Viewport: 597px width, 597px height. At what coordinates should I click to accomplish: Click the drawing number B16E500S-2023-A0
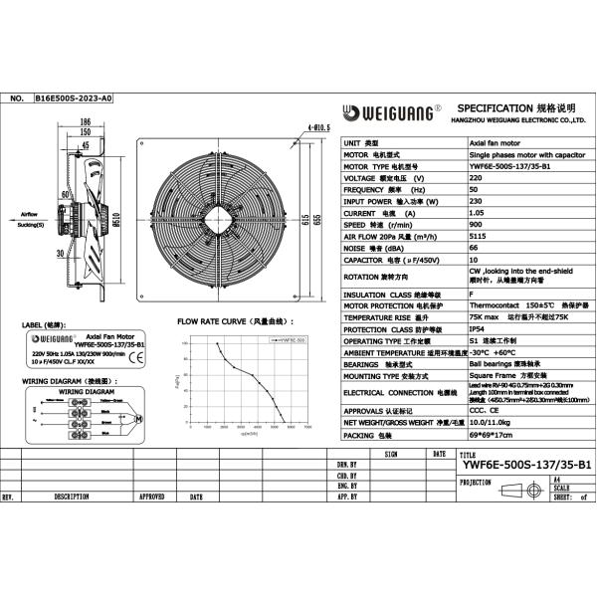click(x=74, y=99)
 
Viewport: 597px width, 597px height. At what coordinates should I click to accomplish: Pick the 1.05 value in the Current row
click(x=477, y=213)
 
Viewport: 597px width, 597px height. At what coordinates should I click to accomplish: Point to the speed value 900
click(x=475, y=224)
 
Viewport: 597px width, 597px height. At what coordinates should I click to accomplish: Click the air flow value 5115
click(x=477, y=236)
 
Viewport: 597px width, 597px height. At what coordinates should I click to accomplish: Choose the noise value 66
click(x=473, y=248)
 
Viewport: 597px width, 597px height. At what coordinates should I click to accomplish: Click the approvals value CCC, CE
click(x=484, y=409)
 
